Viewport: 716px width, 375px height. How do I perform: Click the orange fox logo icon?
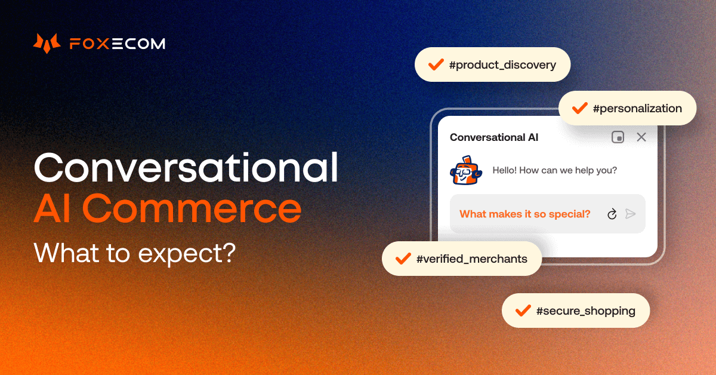click(47, 44)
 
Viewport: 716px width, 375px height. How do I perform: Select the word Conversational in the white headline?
click(186, 167)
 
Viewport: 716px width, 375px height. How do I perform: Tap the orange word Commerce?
click(192, 208)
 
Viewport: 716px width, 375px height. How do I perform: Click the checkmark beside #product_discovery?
click(436, 64)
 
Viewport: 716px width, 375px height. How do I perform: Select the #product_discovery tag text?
click(502, 64)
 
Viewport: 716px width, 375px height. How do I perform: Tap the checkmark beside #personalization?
click(579, 108)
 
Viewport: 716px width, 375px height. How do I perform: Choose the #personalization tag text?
click(637, 109)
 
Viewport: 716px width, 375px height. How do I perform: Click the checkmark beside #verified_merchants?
click(403, 259)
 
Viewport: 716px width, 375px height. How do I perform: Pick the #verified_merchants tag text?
click(471, 259)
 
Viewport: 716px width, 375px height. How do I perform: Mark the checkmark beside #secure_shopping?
click(523, 311)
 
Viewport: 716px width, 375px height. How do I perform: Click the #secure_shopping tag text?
click(585, 311)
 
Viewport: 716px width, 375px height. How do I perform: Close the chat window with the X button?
click(641, 137)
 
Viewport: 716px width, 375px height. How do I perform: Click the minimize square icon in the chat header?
click(618, 137)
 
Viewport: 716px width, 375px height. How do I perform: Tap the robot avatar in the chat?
click(465, 170)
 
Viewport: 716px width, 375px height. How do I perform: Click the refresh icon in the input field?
click(612, 214)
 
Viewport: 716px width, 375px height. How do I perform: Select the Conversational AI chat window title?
click(494, 137)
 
